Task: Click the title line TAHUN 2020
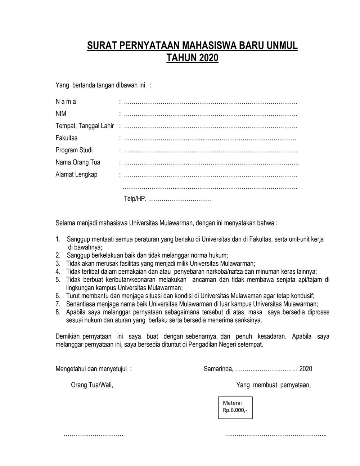pyautogui.click(x=192, y=58)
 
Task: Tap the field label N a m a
pyautogui.click(x=66, y=102)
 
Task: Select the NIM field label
pyautogui.click(x=61, y=114)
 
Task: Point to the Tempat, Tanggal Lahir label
pyautogui.click(x=85, y=126)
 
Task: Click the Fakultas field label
pyautogui.click(x=66, y=138)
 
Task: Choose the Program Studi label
pyautogui.click(x=74, y=150)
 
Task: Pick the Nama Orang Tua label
pyautogui.click(x=78, y=162)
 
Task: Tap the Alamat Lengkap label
pyautogui.click(x=76, y=175)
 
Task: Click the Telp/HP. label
pyautogui.click(x=135, y=199)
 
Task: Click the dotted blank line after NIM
pyautogui.click(x=210, y=115)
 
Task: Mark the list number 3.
pyautogui.click(x=58, y=264)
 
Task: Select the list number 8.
pyautogui.click(x=58, y=312)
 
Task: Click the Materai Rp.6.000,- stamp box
pyautogui.click(x=235, y=407)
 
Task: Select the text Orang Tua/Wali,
pyautogui.click(x=92, y=385)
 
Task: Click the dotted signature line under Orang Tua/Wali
pyautogui.click(x=93, y=435)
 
